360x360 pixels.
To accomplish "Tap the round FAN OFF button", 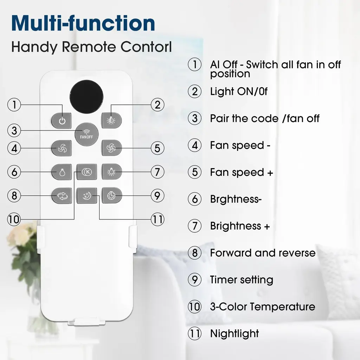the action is tap(86, 134).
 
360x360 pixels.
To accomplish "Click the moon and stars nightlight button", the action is tap(87, 196).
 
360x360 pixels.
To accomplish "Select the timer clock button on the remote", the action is tap(111, 195).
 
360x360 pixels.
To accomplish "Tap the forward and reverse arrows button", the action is tap(62, 196).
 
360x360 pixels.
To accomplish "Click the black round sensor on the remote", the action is tap(86, 97).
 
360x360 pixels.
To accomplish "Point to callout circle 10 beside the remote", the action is tap(14, 219).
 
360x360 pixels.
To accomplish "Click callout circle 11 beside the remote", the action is tap(157, 219).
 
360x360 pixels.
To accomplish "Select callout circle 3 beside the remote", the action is tap(14, 130).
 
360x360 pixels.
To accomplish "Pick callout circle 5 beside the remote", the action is tap(157, 148).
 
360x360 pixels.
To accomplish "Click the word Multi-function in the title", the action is tap(83, 23).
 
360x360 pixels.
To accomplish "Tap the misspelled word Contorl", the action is tap(146, 47).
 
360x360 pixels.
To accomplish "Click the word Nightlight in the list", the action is tap(234, 334).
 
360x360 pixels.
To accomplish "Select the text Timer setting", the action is tap(242, 280).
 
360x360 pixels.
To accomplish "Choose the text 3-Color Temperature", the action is tap(263, 307).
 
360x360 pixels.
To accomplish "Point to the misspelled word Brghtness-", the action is tap(236, 199).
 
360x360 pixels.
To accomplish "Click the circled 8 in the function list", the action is tap(195, 253).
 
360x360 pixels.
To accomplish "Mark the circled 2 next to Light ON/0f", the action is tap(195, 91).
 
